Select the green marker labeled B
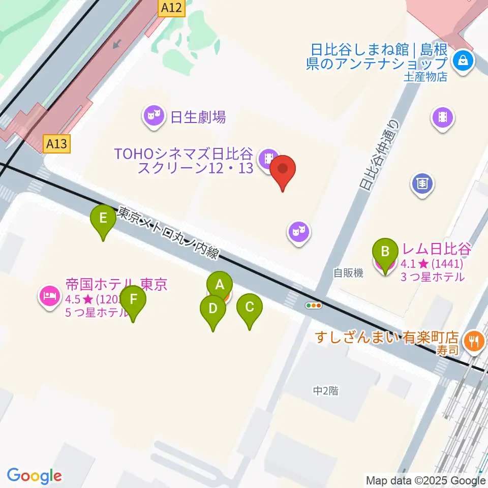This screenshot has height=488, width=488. pyautogui.click(x=385, y=251)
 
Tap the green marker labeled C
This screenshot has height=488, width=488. pyautogui.click(x=249, y=307)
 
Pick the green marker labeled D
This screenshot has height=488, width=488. pyautogui.click(x=212, y=309)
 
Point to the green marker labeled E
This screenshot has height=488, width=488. pyautogui.click(x=103, y=219)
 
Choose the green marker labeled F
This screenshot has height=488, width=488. pyautogui.click(x=133, y=299)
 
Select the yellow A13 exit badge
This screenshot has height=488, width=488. pyautogui.click(x=56, y=144)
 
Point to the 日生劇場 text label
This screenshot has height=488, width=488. pyautogui.click(x=198, y=118)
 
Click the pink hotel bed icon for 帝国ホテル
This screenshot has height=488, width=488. pyautogui.click(x=49, y=295)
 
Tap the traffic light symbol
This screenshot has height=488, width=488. pyautogui.click(x=314, y=306)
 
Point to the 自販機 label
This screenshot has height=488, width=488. pyautogui.click(x=349, y=273)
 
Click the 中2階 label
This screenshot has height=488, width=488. pyautogui.click(x=326, y=390)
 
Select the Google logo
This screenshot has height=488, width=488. pyautogui.click(x=35, y=476)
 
